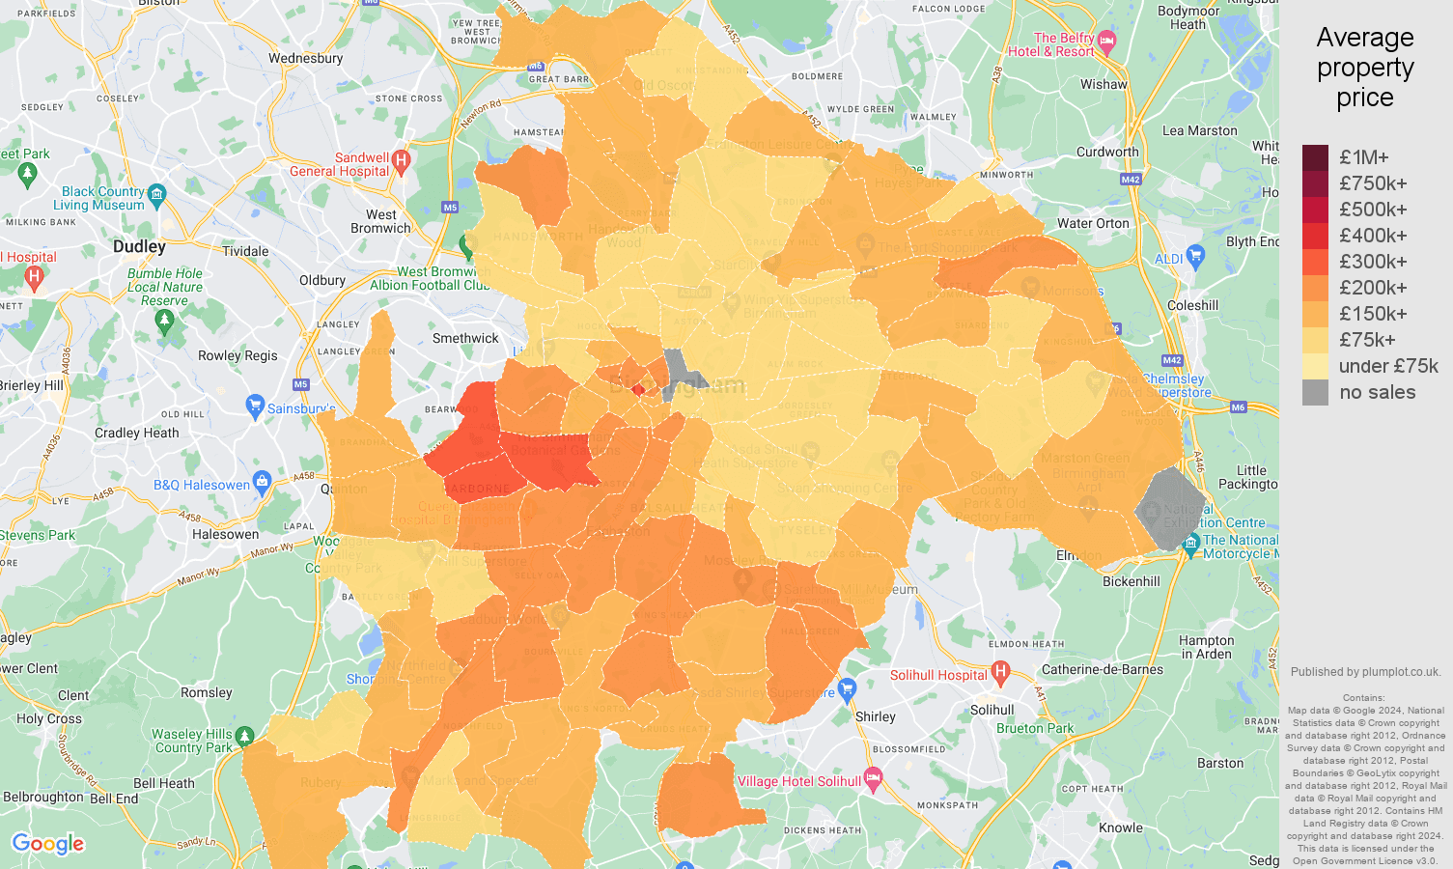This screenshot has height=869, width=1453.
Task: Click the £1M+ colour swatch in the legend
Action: pos(1315,157)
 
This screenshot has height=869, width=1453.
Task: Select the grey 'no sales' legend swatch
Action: pos(1315,392)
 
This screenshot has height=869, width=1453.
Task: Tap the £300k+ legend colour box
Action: pos(1315,262)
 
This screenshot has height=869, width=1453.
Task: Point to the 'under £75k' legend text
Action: pos(1387,366)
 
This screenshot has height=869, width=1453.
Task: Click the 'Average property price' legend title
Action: pos(1364,68)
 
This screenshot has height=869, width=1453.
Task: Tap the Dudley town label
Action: pos(139,246)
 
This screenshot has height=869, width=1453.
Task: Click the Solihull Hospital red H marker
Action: pos(1000,671)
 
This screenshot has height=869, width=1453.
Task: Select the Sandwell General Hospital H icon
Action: pos(402,159)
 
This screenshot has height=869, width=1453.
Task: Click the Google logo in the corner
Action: pos(48,844)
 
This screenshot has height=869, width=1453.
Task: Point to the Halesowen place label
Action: pos(225,534)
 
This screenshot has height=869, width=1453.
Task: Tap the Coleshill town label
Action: pos(1192,305)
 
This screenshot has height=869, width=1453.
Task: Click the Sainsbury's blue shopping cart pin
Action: pos(255,406)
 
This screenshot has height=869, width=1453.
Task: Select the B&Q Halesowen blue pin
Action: pos(262,481)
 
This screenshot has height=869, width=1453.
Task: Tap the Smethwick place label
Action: pos(465,338)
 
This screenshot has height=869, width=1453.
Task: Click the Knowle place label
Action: pos(1120,827)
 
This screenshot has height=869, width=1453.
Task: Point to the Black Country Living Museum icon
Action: pos(157,193)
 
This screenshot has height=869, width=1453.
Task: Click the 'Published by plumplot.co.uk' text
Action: pos(1365,672)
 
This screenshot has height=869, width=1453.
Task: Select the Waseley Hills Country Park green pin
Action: pos(244,737)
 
